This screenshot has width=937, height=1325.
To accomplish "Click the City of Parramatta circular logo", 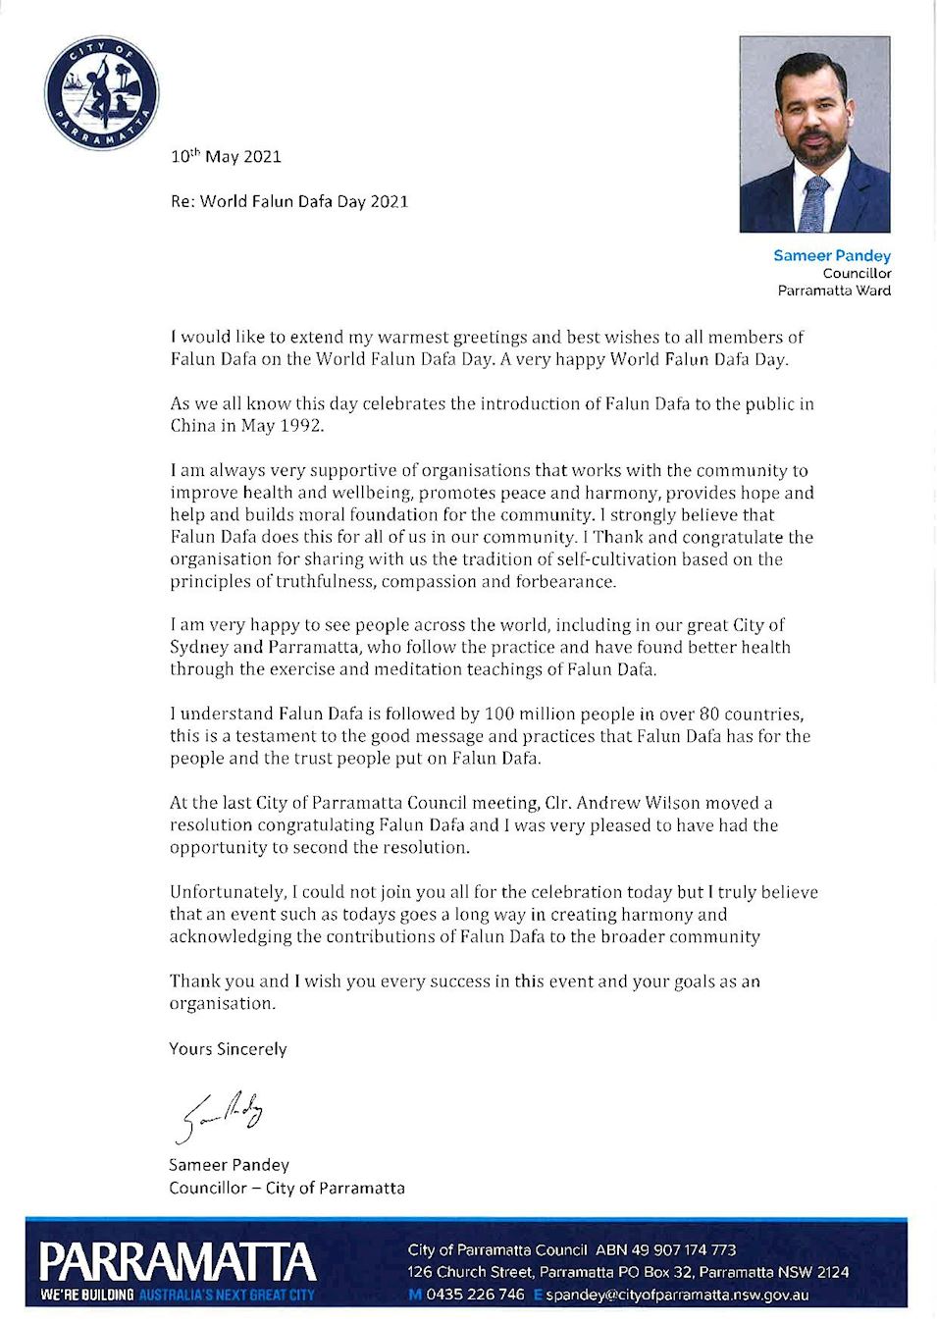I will [101, 93].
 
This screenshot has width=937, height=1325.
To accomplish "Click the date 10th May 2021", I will [226, 156].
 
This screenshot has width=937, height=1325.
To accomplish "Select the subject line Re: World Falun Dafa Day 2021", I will [289, 201].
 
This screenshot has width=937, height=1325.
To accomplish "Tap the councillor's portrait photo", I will [814, 134].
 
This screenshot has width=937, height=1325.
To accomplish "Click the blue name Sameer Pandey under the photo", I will [831, 255].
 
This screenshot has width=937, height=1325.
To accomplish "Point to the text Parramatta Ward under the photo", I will [834, 291].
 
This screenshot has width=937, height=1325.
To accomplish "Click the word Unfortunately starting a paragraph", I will [227, 892].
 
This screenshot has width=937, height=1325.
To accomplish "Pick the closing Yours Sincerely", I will [228, 1048].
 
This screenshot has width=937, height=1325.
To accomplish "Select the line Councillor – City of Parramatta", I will [286, 1188].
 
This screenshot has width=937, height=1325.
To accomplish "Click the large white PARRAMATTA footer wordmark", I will [178, 1261].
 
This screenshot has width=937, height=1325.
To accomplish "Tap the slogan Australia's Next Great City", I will [227, 1296].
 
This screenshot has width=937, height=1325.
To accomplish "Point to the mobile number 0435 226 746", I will [475, 1295].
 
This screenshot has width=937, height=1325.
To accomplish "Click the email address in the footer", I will [677, 1295].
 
